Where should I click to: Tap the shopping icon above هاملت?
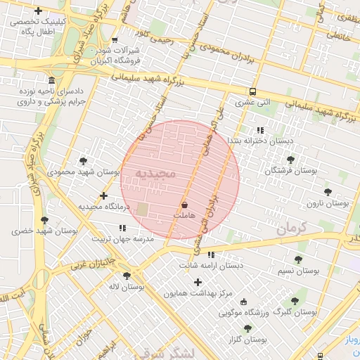184,205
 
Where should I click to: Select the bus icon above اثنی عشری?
252,91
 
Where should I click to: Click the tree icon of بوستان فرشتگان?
290,160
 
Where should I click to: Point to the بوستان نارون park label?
328,203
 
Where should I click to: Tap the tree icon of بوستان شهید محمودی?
83,161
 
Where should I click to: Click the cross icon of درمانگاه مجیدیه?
103,195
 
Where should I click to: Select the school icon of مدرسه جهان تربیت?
123,228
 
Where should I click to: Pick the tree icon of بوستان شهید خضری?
44,220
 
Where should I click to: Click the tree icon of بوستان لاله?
127,276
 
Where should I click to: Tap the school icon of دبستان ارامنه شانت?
211,255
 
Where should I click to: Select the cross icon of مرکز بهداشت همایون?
198,282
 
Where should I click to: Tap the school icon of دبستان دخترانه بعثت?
260,130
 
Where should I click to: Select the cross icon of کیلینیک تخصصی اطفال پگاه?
37,11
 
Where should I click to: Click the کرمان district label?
294,229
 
